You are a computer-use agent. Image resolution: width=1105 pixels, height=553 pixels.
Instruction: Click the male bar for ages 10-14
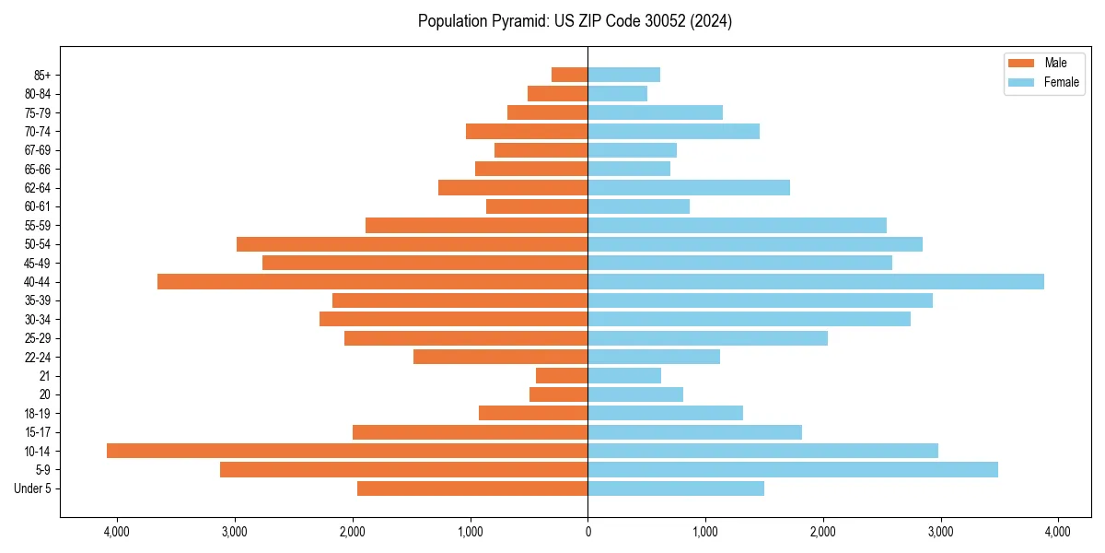(347, 451)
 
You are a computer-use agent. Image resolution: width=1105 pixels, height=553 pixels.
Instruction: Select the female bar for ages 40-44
(816, 282)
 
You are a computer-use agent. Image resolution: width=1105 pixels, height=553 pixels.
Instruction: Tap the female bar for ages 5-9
(793, 470)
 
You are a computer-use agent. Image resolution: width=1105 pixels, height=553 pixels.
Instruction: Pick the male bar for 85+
(570, 75)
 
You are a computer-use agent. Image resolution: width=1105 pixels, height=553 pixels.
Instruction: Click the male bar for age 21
(562, 376)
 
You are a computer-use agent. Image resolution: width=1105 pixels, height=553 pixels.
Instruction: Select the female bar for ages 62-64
(689, 188)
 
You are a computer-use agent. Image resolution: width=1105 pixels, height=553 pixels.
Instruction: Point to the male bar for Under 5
(472, 488)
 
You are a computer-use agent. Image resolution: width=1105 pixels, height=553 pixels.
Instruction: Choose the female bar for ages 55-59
(737, 226)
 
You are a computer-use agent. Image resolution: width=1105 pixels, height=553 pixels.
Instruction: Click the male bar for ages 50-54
(413, 244)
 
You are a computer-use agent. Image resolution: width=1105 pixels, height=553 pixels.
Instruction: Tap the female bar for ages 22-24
(654, 357)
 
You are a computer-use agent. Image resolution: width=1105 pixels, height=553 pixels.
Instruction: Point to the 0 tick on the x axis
(587, 532)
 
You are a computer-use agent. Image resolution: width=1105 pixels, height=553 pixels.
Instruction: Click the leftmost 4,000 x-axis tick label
(118, 532)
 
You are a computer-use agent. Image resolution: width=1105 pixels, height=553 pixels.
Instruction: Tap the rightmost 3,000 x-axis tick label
(940, 532)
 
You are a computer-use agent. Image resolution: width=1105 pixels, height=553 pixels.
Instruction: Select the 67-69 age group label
(36, 150)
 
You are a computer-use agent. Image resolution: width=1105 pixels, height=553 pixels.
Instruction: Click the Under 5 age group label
(32, 488)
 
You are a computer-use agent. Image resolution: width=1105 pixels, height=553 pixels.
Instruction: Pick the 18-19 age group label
(36, 414)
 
